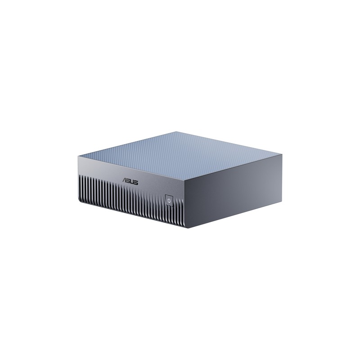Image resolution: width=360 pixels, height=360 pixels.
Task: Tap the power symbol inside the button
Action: (169, 200)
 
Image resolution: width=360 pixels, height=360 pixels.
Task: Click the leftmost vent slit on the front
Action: (80, 187)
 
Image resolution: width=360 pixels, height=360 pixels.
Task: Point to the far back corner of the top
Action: (176, 131)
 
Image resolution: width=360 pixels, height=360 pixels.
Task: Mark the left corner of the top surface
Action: (78, 156)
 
